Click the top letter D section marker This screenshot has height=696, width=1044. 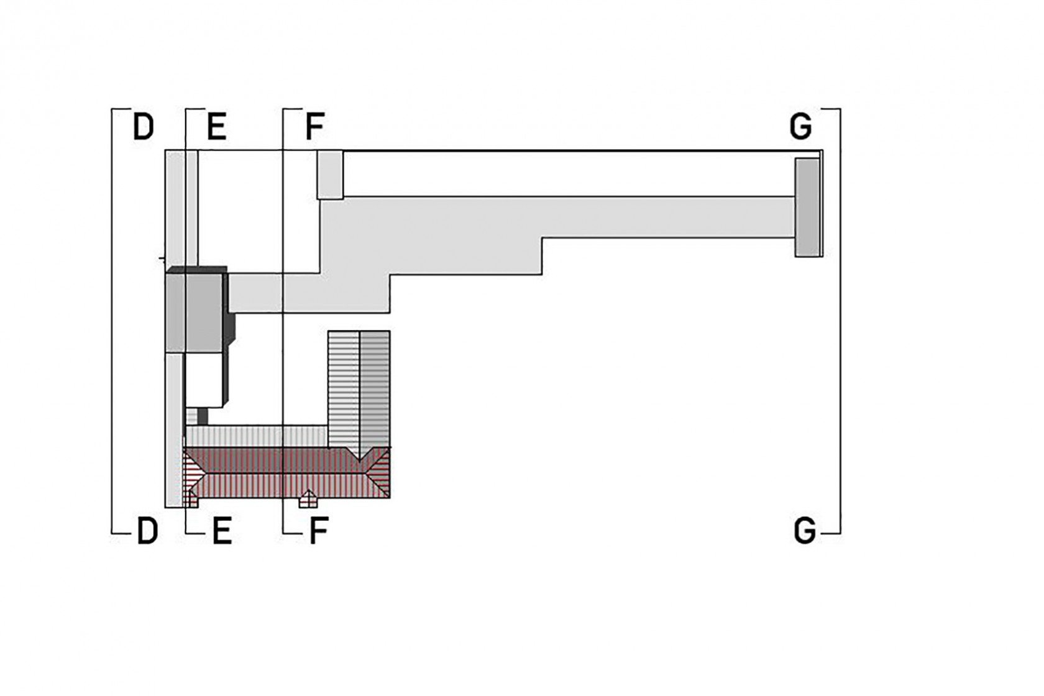click(x=143, y=127)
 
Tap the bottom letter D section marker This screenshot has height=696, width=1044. click(x=147, y=531)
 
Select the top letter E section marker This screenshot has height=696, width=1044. click(x=217, y=127)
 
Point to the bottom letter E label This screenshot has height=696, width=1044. click(x=222, y=531)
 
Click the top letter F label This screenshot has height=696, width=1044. click(x=314, y=127)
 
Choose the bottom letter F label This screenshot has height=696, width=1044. click(x=319, y=531)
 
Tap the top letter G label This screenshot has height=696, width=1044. click(x=800, y=127)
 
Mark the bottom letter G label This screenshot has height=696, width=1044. click(x=805, y=531)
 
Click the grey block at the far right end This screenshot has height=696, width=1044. click(x=808, y=208)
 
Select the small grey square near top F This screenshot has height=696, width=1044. click(x=330, y=175)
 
